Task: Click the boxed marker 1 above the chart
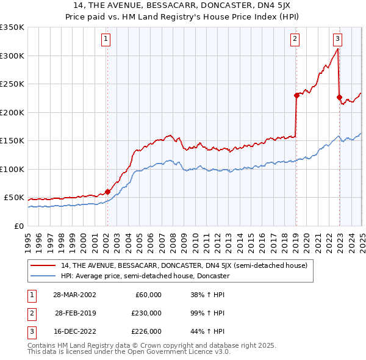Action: tap(106, 39)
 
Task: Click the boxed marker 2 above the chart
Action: tap(295, 39)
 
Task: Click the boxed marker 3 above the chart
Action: tap(337, 39)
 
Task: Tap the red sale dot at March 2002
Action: tap(107, 192)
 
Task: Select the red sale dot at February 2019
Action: tap(296, 95)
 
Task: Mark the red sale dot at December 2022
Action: tap(339, 97)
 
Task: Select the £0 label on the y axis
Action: tap(19, 226)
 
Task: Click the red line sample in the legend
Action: tap(43, 265)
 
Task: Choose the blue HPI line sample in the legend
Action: tap(43, 276)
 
